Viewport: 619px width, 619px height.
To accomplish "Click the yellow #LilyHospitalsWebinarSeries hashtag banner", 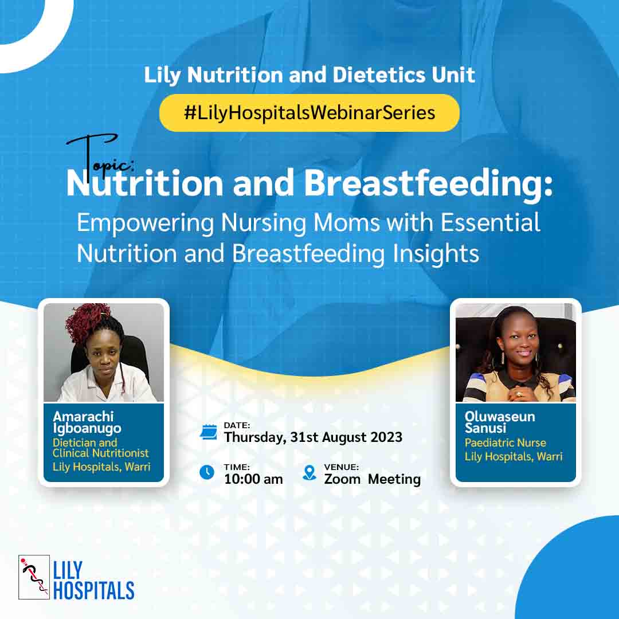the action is point(309,113).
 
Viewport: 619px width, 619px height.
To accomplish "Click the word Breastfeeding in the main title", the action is point(429,184).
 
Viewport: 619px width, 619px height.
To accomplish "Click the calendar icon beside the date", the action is point(209,432).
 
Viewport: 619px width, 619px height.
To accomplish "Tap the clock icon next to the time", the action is point(207,472).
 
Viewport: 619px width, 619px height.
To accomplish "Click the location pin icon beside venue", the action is point(309,472).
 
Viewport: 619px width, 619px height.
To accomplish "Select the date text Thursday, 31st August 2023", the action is point(313,437).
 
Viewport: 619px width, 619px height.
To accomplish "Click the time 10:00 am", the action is point(253,479).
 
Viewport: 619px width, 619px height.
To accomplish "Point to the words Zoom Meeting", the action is point(373,479).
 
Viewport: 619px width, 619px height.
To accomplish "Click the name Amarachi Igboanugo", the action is point(87,422).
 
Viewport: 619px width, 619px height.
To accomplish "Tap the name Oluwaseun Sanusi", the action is point(500,422).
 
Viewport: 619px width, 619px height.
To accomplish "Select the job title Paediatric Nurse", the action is point(506,443).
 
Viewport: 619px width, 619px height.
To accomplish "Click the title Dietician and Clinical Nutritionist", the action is point(101,448).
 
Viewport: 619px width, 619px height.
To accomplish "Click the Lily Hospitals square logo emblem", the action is point(34,577).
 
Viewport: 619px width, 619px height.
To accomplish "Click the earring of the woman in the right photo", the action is point(503,358).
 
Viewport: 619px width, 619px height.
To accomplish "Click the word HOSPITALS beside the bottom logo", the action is point(93,590).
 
